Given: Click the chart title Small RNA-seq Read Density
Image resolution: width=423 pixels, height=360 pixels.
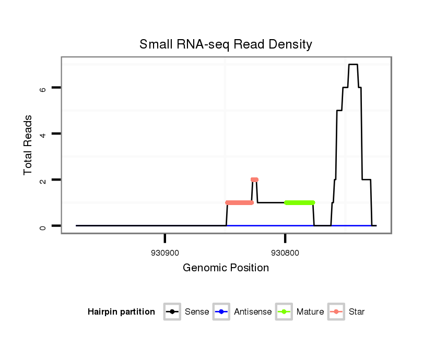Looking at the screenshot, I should pos(226,44).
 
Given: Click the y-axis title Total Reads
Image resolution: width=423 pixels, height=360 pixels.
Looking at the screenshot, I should pos(28,145).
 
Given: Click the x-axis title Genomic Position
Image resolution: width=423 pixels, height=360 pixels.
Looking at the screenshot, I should pos(226,268).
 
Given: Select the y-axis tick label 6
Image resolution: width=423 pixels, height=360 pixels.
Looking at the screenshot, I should pos(43,88).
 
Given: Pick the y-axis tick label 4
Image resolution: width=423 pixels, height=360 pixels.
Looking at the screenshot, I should pos(43,134).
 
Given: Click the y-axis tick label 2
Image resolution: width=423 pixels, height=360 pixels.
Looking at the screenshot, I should pos(43,180).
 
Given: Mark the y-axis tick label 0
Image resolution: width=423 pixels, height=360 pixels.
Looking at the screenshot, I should pos(43,226).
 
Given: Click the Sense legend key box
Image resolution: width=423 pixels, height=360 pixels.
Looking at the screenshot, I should pos(172,312).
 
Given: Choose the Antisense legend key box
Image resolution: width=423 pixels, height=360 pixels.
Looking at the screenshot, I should pos(221,312).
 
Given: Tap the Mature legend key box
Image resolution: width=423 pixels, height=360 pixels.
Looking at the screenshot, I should pos(284,312).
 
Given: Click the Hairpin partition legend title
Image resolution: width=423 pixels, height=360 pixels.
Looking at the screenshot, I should pos(121,312).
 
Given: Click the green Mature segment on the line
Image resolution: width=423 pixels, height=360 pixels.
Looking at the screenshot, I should pos(299,202).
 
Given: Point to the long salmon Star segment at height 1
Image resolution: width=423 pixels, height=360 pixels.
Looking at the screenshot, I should pos(240,202).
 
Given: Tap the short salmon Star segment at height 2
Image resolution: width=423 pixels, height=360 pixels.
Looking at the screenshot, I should pos(254,179).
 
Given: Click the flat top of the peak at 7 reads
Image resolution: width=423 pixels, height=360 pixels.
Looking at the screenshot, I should pos(353,65).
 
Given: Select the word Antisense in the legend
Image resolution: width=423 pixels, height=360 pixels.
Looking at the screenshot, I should pos(253,312).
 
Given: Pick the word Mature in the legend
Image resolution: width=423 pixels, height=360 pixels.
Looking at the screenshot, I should pos(310,312).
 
